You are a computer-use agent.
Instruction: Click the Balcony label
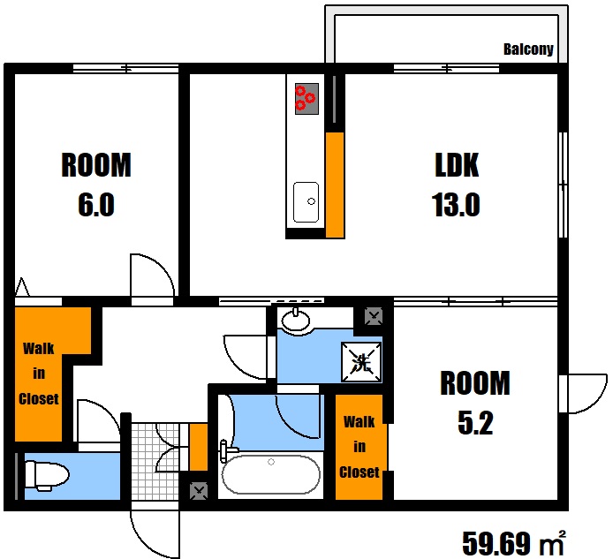(x=528, y=49)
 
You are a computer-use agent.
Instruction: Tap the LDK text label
(x=457, y=165)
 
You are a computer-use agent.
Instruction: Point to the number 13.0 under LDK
(x=456, y=205)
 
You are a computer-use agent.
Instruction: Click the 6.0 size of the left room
(x=96, y=205)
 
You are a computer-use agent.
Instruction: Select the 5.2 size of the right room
(x=475, y=423)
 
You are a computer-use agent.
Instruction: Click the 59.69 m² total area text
(x=514, y=543)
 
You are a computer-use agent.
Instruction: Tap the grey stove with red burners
(x=306, y=99)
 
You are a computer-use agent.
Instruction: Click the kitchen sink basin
(x=306, y=202)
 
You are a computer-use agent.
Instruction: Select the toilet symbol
(x=47, y=475)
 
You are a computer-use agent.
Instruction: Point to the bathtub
(x=271, y=474)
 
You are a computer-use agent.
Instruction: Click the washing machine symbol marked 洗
(x=361, y=362)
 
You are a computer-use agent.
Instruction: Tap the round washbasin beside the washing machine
(x=296, y=321)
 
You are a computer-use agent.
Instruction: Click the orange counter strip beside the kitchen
(x=335, y=185)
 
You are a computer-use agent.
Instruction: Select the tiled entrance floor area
(x=155, y=461)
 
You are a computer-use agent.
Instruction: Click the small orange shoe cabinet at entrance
(x=198, y=447)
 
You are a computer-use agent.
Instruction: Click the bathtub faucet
(x=226, y=450)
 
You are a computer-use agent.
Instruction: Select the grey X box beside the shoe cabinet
(x=199, y=491)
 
